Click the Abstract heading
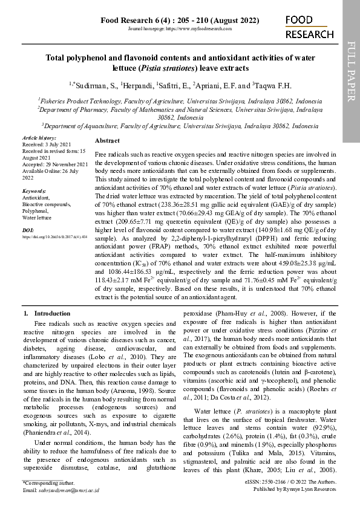108,140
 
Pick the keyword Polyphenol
35,211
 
